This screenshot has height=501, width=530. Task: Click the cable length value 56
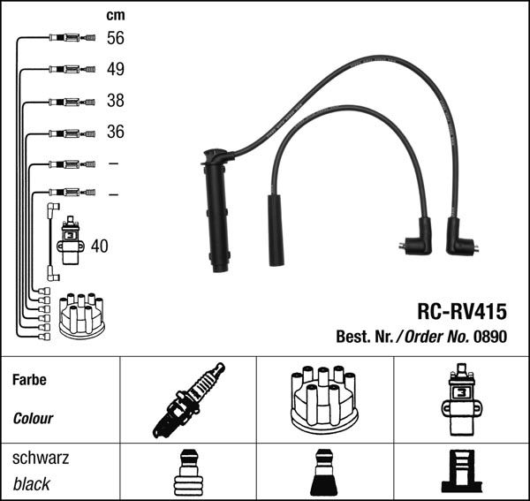(115, 38)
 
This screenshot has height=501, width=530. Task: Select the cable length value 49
(115, 69)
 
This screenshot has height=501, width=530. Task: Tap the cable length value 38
(115, 101)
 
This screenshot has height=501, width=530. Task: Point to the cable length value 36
(115, 133)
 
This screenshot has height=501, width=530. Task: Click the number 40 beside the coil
(99, 246)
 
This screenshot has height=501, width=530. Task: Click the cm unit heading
(115, 15)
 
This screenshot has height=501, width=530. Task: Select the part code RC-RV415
(461, 312)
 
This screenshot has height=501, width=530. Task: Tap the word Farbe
(29, 380)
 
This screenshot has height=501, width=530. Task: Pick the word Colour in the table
(33, 419)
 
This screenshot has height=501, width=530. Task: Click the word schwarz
(41, 459)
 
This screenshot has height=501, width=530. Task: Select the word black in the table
(32, 484)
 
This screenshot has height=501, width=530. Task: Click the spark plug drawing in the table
(186, 400)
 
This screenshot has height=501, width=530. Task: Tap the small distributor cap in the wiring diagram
(80, 316)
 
